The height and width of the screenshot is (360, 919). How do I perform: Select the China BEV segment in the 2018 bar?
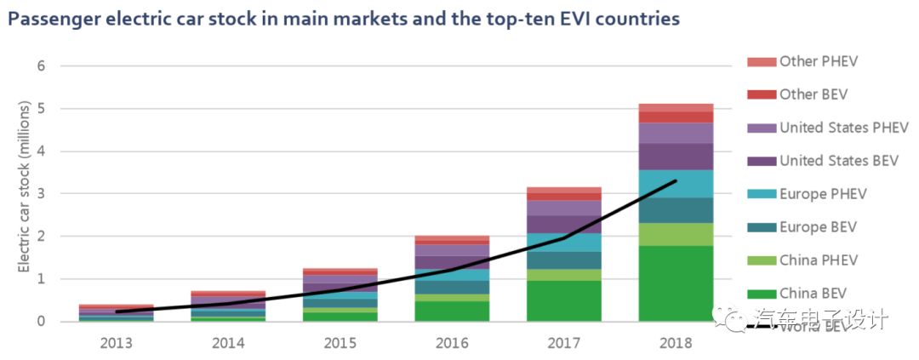[x=676, y=283]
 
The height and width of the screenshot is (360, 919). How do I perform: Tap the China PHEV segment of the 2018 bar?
[x=676, y=234]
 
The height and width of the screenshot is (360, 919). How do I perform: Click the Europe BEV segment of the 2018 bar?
[x=676, y=210]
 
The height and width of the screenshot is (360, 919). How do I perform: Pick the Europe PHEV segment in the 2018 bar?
[x=676, y=184]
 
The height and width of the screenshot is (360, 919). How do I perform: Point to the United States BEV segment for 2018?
[x=676, y=157]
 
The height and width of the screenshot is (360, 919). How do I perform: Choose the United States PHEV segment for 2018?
[x=676, y=133]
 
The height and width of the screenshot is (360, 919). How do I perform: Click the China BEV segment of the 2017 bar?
[x=563, y=300]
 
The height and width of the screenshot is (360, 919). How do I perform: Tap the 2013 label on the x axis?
[x=116, y=343]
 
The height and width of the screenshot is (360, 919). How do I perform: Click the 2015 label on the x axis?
[x=340, y=343]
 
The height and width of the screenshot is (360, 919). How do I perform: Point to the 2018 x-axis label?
[x=676, y=343]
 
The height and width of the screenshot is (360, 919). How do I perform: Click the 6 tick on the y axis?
[x=41, y=66]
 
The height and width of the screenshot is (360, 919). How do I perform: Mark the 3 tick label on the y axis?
[x=41, y=193]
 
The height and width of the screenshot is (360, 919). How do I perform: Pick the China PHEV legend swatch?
[x=762, y=260]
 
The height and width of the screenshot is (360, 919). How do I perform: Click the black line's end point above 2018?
[x=676, y=180]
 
